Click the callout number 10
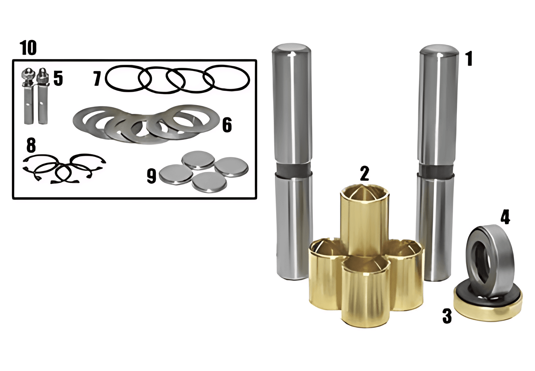point(28,48)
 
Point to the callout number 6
point(227,125)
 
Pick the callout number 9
point(151,176)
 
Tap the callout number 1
point(469,59)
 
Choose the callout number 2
point(364,174)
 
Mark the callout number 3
point(447,316)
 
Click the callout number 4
point(505,217)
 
